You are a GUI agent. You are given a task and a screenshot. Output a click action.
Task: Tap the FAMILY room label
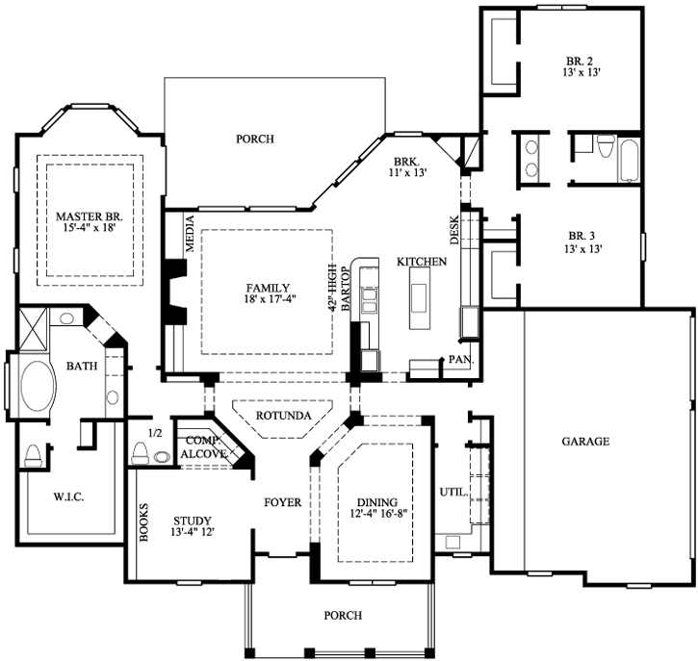(269, 287)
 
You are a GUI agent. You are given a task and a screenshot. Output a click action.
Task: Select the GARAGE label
(585, 442)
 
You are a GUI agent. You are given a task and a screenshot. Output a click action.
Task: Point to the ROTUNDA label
(282, 417)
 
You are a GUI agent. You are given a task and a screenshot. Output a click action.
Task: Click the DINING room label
(375, 501)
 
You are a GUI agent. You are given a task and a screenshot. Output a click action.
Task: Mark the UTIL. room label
(452, 492)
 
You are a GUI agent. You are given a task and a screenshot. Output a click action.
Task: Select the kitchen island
(418, 292)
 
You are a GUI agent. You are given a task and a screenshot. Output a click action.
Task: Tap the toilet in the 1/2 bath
(140, 452)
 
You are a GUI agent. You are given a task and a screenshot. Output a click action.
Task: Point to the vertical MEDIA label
(189, 233)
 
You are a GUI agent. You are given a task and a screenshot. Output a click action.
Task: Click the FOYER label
(283, 502)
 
